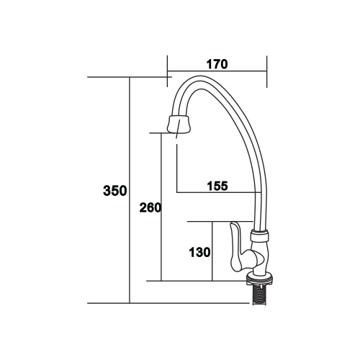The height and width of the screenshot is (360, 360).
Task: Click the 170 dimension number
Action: pyautogui.click(x=217, y=64)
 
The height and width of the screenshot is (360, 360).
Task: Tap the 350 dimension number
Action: pyautogui.click(x=115, y=191)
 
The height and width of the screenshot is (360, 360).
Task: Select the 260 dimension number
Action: pyautogui.click(x=150, y=207)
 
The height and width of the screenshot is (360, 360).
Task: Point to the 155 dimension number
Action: pyautogui.click(x=217, y=186)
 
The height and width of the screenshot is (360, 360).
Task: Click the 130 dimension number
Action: pyautogui.click(x=200, y=253)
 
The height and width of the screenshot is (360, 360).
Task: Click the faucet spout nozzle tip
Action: pyautogui.click(x=179, y=125)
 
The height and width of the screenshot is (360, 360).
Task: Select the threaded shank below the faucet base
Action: pyautogui.click(x=259, y=294)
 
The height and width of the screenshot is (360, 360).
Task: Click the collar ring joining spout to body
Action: pyautogui.click(x=259, y=235)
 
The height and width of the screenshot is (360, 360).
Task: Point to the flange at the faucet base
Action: pyautogui.click(x=259, y=279)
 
